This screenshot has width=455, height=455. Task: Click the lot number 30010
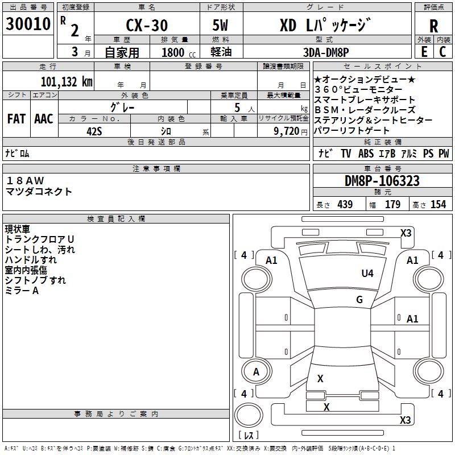28,24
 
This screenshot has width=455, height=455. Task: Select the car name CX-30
147,25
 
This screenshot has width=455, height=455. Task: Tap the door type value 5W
220,25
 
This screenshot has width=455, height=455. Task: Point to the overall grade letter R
433,26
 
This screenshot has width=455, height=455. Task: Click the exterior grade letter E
424,52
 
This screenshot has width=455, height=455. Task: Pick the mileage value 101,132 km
67,82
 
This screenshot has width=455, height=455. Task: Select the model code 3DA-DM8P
326,52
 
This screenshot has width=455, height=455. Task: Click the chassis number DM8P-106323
382,181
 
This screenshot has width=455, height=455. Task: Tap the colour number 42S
94,131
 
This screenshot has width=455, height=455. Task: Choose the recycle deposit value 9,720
287,131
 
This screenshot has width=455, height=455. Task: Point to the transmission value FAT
16,119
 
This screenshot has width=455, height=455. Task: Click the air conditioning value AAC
44,119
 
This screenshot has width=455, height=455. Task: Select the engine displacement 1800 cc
179,52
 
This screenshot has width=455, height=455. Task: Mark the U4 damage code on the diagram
367,273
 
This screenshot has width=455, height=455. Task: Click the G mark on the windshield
359,299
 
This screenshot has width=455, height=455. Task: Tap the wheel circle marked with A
256,371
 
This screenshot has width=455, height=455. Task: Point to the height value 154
438,204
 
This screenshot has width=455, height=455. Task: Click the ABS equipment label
366,153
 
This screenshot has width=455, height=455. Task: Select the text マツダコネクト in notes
39,192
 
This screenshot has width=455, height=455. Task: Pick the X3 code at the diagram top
406,233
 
